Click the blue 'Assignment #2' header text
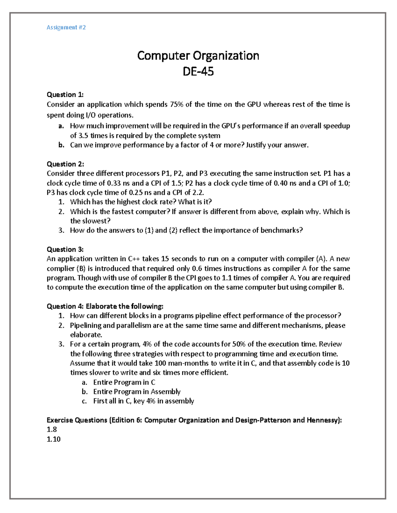click(x=66, y=27)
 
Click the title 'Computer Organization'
click(x=198, y=55)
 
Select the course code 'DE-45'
click(x=198, y=71)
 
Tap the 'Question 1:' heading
click(x=65, y=95)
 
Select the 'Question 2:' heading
click(x=65, y=164)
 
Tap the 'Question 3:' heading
click(x=65, y=249)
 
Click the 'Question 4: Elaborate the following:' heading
click(x=105, y=306)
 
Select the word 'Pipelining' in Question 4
click(x=86, y=325)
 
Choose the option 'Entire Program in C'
click(x=124, y=382)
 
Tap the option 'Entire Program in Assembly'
click(x=137, y=392)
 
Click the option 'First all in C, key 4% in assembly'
click(x=144, y=401)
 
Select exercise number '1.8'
click(x=52, y=429)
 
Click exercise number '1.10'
click(x=54, y=439)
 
